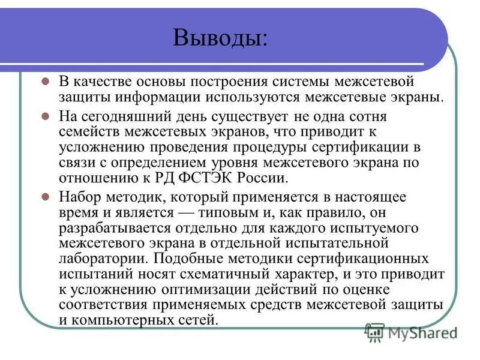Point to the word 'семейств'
pyautogui.click(x=88, y=131)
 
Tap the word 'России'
pyautogui.click(x=251, y=178)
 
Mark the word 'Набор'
pyautogui.click(x=79, y=196)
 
